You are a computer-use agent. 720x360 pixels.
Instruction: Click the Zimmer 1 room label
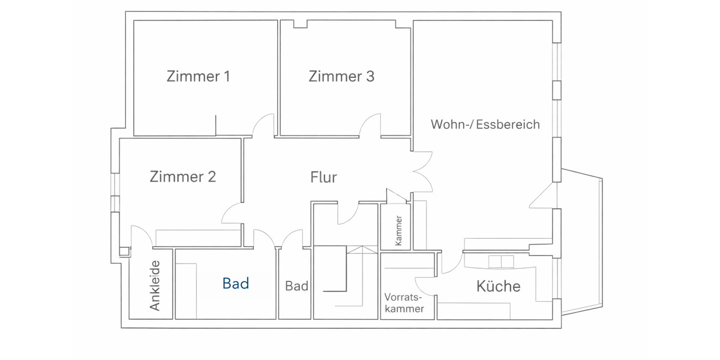pyautogui.click(x=199, y=77)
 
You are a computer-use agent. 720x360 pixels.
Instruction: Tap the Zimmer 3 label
pyautogui.click(x=341, y=77)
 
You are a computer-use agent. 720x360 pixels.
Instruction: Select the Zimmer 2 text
pyautogui.click(x=182, y=177)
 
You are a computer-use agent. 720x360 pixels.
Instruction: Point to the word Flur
pyautogui.click(x=323, y=178)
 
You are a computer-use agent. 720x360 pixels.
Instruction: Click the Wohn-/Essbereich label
pyautogui.click(x=485, y=125)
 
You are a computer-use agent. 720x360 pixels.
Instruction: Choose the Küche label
pyautogui.click(x=498, y=286)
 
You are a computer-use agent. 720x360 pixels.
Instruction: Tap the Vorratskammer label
pyautogui.click(x=404, y=303)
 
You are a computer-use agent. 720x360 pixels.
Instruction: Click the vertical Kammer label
pyautogui.click(x=398, y=230)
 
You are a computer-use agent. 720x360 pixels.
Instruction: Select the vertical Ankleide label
pyautogui.click(x=155, y=286)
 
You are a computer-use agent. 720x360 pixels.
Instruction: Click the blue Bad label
pyautogui.click(x=235, y=284)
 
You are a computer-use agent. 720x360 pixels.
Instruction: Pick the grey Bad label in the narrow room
pyautogui.click(x=296, y=286)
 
